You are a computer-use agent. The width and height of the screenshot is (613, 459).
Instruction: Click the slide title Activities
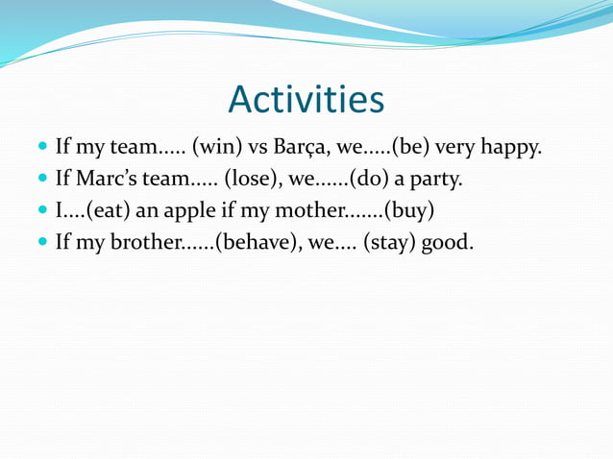[x=306, y=100]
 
